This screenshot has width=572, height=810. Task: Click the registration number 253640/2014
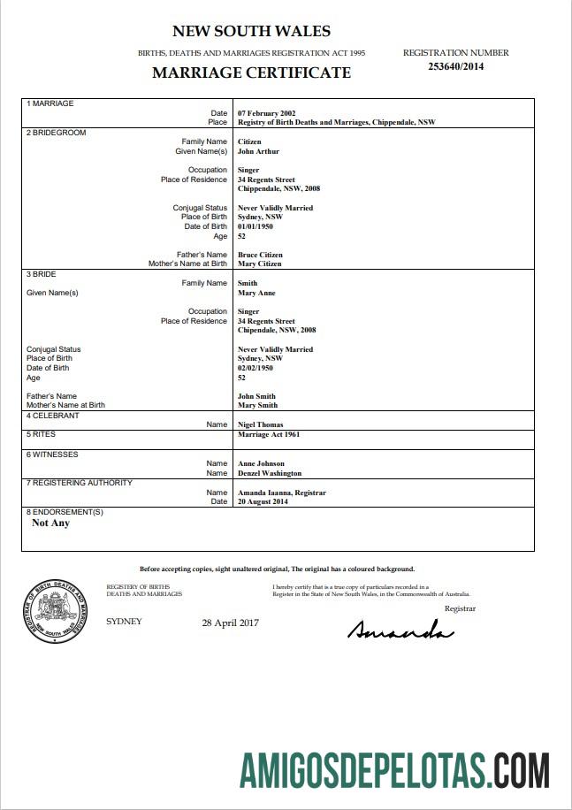pos(455,65)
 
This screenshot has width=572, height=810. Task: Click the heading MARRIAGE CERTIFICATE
pos(251,73)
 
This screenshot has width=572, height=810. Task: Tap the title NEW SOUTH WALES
pos(251,31)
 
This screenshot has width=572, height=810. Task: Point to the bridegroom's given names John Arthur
pos(258,151)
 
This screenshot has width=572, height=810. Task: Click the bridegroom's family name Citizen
pos(250,141)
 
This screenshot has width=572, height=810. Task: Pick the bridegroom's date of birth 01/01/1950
pos(257,226)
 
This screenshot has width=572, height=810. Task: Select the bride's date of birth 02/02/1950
pos(257,368)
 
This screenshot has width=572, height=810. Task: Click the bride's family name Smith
pos(248,283)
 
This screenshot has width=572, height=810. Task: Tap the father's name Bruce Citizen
pos(261,255)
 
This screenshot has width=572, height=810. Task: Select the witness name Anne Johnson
pos(261,463)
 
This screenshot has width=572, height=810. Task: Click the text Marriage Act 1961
pos(269,435)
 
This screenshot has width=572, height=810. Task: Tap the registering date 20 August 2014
pos(263,501)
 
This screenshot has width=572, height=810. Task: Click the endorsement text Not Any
pos(50,523)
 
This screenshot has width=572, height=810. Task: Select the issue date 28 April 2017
pos(230,623)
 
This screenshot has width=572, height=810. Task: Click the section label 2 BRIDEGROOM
pos(56,132)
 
